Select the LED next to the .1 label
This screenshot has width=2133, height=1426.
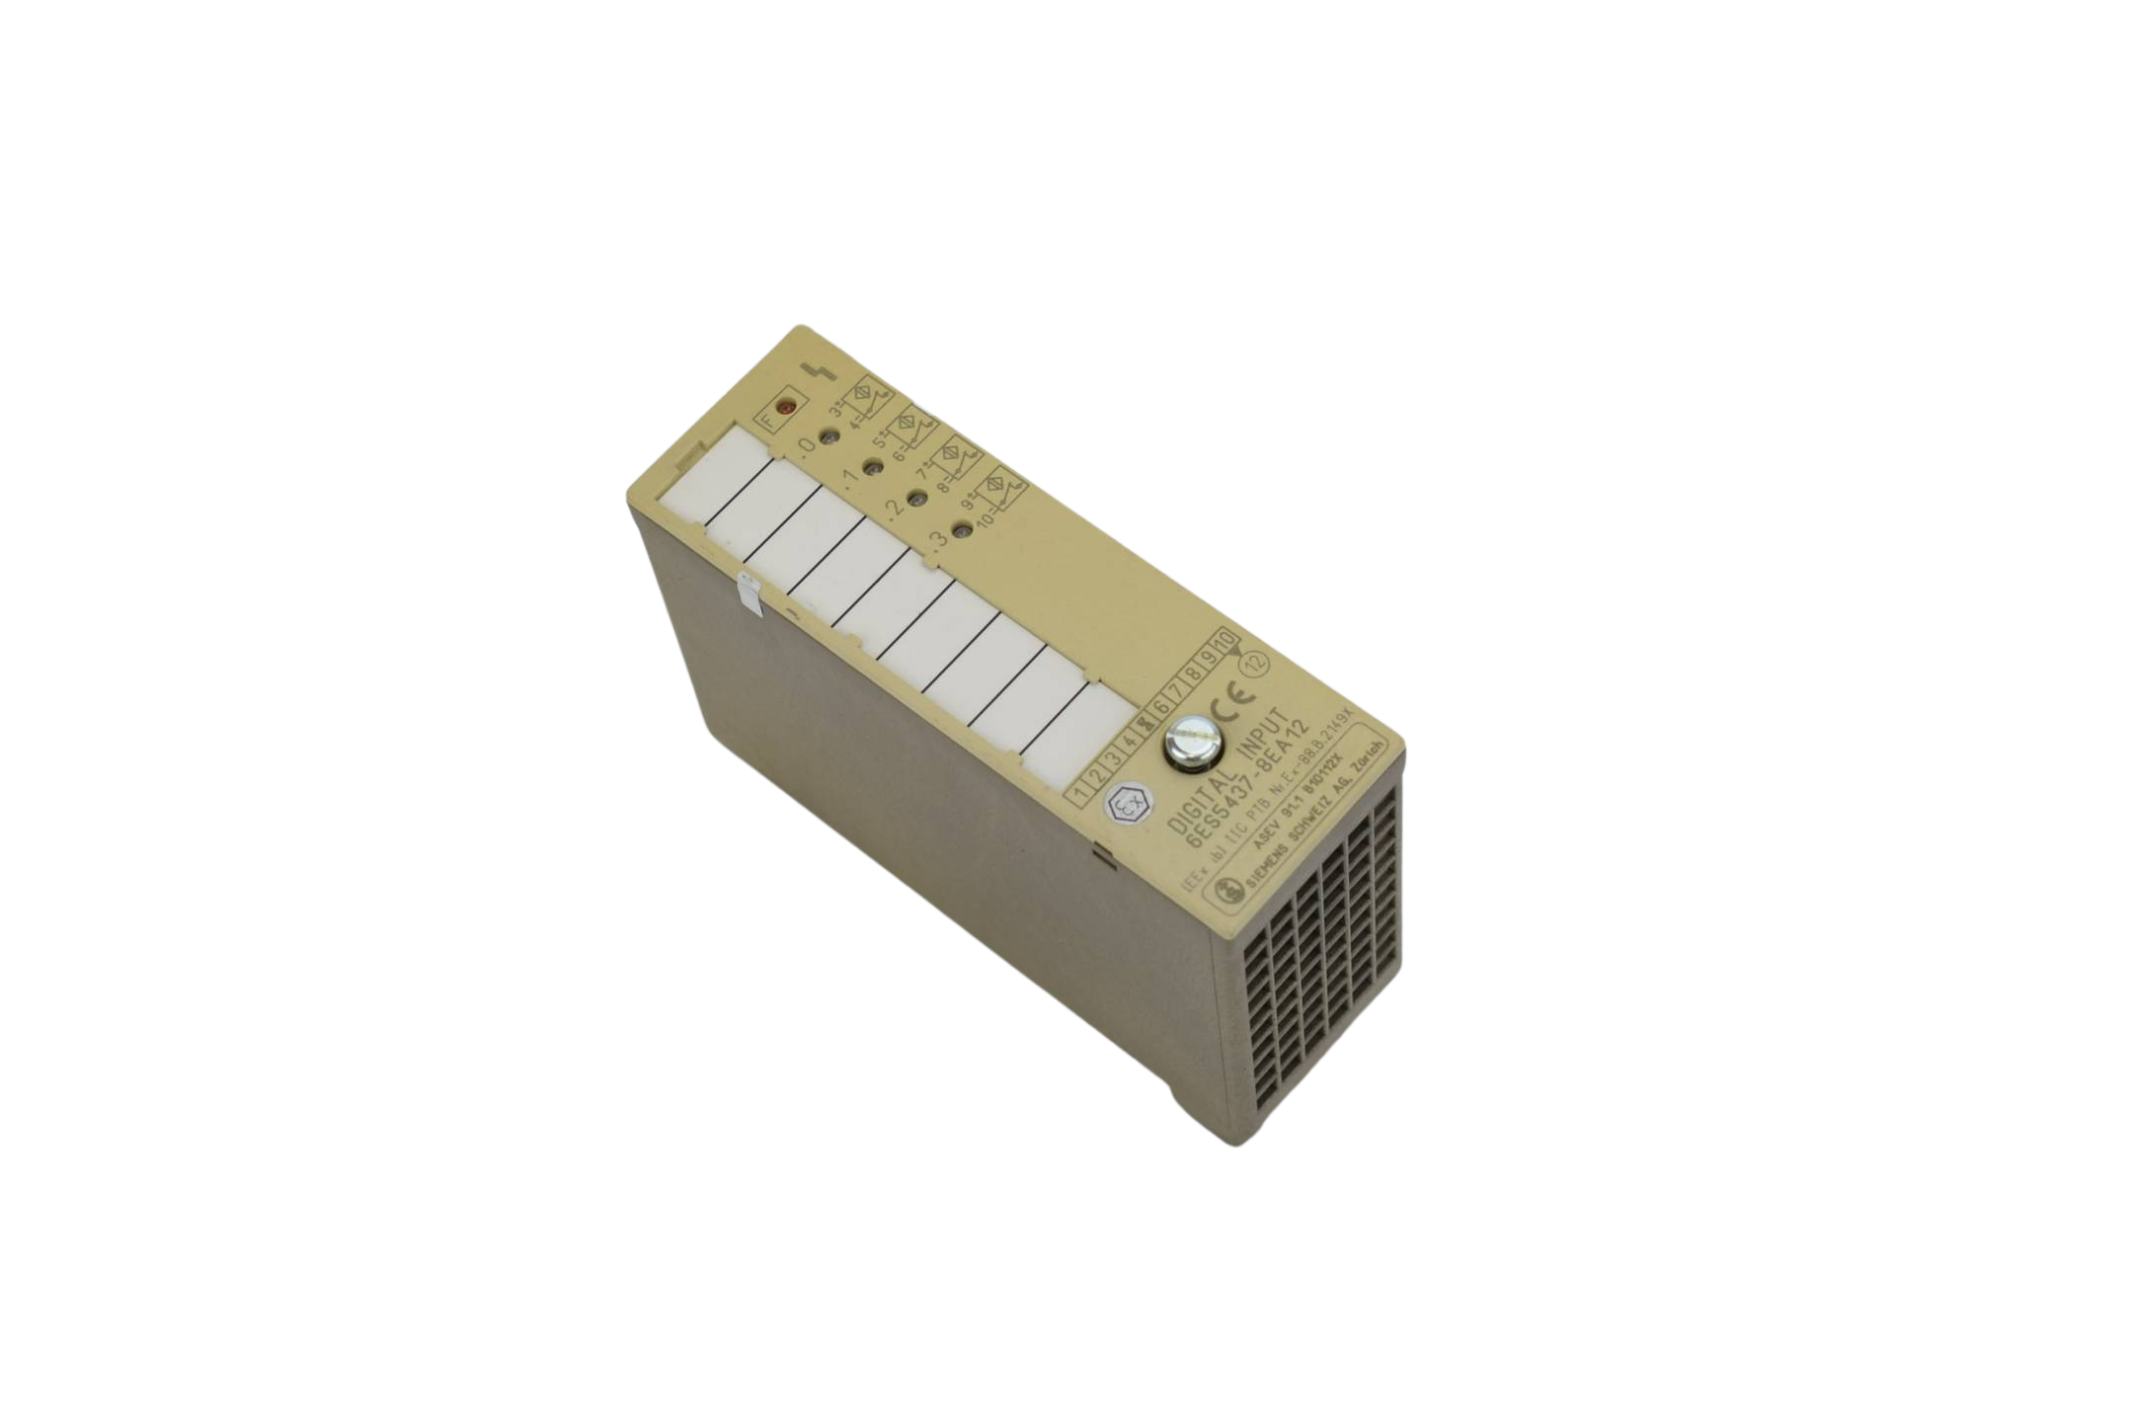(874, 467)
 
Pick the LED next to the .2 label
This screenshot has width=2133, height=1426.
(915, 501)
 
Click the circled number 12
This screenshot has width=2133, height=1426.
(1257, 665)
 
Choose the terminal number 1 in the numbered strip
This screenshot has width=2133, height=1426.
(1084, 793)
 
